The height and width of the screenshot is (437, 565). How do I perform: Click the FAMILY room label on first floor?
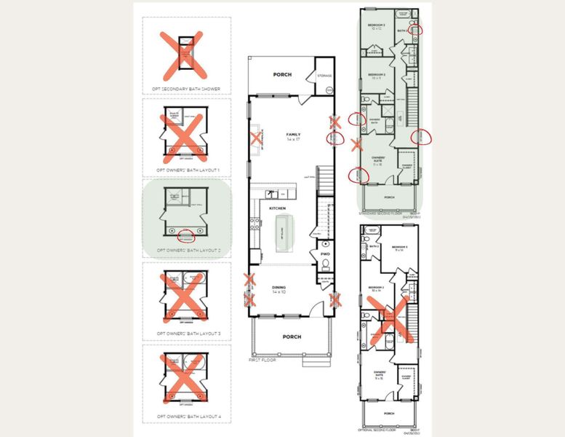point(293,135)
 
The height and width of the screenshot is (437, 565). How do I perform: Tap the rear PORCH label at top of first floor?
point(282,74)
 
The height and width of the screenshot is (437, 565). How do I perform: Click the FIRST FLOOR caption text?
point(264,360)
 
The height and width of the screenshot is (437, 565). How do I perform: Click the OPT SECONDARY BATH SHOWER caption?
point(186,89)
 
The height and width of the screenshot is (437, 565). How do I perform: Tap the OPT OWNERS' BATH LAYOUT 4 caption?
point(186,416)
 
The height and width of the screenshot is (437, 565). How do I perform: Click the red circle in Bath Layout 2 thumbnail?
point(186,237)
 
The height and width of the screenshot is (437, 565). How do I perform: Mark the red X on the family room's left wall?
point(256,138)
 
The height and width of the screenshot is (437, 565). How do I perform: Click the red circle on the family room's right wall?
point(334,138)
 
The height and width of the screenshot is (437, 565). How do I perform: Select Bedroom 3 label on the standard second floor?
point(376,27)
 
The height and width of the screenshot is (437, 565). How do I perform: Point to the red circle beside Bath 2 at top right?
point(417,29)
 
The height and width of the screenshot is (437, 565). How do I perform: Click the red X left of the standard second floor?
point(356,144)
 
